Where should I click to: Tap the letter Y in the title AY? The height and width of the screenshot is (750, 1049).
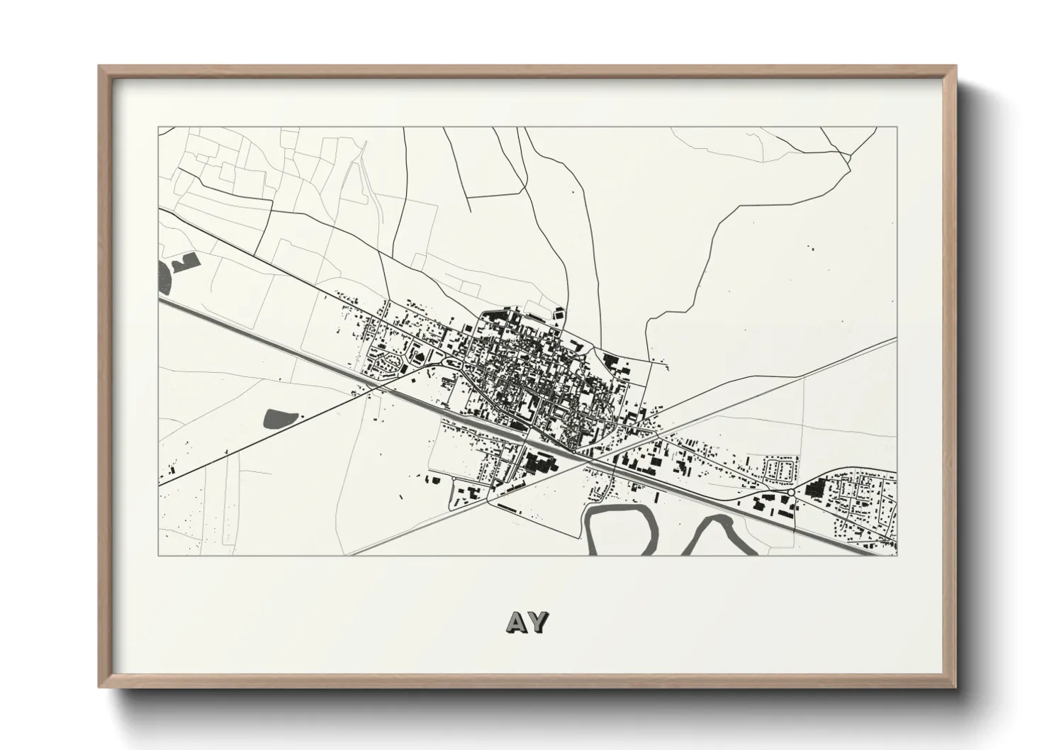tap(538, 622)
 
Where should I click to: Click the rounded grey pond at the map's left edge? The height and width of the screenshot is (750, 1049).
tap(165, 276)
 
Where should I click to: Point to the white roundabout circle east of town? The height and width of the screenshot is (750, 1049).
tap(790, 492)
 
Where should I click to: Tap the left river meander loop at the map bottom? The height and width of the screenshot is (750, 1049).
tap(617, 528)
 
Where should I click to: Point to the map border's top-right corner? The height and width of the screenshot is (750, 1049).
tap(897, 128)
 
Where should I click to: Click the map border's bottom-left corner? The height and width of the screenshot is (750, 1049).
tap(159, 555)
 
